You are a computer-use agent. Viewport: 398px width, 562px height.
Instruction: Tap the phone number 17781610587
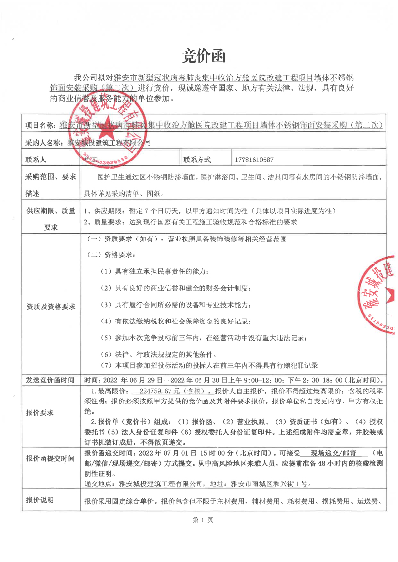[x=253, y=160]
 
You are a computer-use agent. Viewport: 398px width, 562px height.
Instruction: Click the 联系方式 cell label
[x=197, y=160]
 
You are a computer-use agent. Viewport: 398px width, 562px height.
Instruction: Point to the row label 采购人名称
[x=45, y=143]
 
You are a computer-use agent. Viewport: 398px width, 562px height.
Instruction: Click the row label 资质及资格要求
[x=51, y=307]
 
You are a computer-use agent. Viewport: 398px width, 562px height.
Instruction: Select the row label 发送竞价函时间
[x=51, y=381]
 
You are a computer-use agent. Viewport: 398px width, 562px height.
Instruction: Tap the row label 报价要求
[x=40, y=413]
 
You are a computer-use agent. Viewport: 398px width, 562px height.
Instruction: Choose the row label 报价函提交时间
[x=51, y=458]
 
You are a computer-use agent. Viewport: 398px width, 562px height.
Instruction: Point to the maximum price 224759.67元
[x=163, y=391]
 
